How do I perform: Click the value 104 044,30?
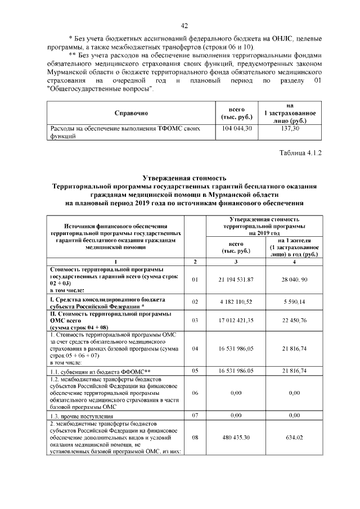pos(236,129)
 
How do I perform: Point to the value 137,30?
pos(290,129)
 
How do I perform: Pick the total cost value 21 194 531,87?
pos(236,280)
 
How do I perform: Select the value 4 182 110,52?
pos(236,302)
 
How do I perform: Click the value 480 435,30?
pos(236,436)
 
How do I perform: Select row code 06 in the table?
pos(195,394)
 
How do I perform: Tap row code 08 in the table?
pos(195,436)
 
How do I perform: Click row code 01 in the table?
pos(195,280)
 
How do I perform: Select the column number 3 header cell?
pos(236,262)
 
